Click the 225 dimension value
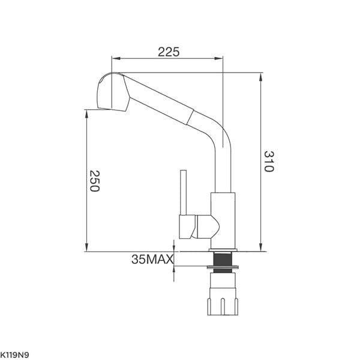pos(169,52)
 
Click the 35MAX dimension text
pos(152,259)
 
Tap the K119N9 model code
pos(14,355)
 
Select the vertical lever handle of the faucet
pos(184,192)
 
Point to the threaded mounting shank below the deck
pos(223,260)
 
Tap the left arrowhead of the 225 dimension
pos(115,59)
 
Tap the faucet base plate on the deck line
pos(223,247)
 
